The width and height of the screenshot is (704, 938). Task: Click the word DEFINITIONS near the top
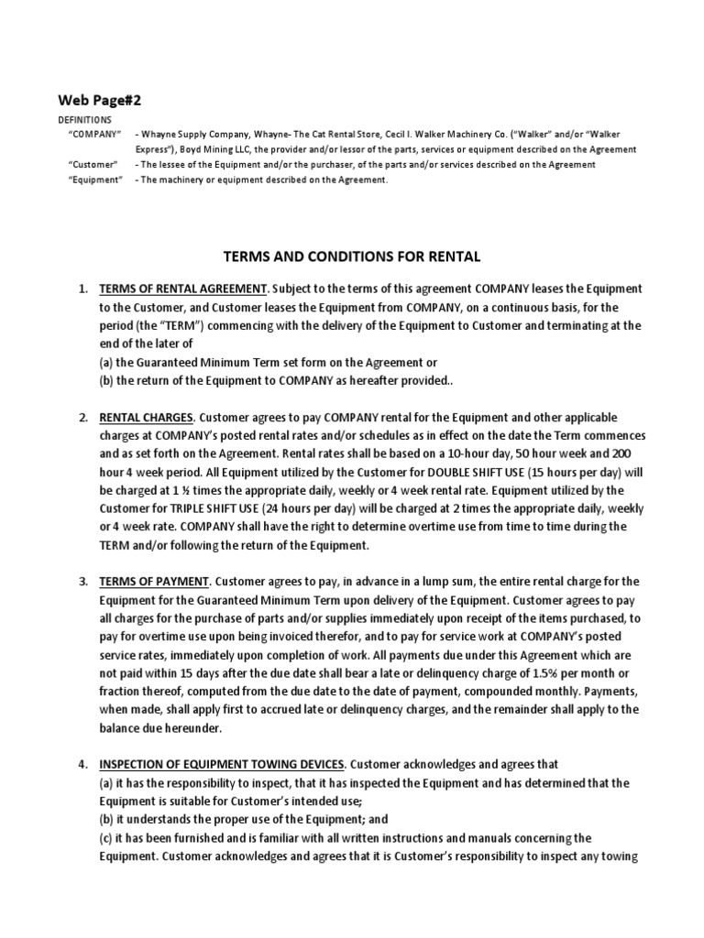coord(84,119)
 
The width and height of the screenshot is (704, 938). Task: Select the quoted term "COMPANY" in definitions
coord(95,134)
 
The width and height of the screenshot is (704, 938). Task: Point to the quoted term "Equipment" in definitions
coord(95,180)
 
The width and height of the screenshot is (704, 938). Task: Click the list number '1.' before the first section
coord(82,289)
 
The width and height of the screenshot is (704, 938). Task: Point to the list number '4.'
coord(82,764)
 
